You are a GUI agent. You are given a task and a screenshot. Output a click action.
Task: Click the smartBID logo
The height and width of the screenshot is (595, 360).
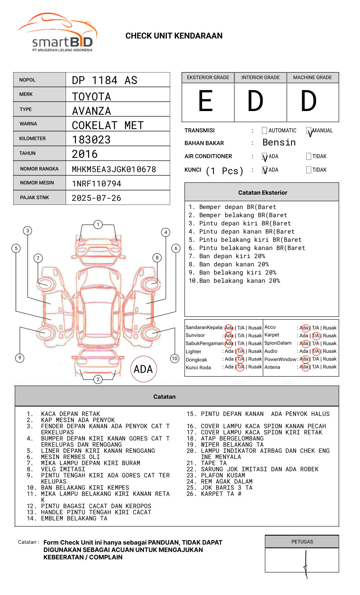(57, 33)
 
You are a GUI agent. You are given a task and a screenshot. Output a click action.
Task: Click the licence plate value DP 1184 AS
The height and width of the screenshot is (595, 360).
(105, 80)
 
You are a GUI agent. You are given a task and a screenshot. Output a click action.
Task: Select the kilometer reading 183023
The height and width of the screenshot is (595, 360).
(91, 140)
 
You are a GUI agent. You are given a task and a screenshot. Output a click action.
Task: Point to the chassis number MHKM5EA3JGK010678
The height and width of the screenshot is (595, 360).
(114, 169)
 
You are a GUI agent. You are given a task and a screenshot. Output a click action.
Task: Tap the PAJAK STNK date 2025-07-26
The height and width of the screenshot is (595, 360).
(96, 198)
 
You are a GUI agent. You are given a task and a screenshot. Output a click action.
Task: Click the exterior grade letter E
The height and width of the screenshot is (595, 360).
(205, 101)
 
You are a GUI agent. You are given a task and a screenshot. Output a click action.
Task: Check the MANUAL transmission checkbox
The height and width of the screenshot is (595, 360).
(309, 131)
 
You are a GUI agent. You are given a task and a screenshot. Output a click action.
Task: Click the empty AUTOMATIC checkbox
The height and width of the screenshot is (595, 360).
(264, 131)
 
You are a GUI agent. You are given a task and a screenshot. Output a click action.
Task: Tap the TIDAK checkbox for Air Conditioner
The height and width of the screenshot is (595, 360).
(309, 157)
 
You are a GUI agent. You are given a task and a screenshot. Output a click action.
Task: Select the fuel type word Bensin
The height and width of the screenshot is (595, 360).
(279, 143)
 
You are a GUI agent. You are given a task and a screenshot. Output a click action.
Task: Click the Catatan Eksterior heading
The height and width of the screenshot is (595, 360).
(262, 193)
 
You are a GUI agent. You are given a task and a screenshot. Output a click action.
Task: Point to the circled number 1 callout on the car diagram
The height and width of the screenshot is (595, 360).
(98, 225)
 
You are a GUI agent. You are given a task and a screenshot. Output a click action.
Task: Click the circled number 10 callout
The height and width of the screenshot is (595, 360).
(175, 359)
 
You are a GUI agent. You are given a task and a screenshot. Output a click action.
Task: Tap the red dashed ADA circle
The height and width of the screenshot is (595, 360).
(143, 369)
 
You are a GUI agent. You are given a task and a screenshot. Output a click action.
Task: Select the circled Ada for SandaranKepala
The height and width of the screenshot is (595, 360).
(229, 328)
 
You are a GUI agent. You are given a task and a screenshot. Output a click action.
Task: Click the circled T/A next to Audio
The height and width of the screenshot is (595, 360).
(316, 351)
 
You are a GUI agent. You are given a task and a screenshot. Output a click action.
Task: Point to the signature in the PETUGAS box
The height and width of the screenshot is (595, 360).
(306, 563)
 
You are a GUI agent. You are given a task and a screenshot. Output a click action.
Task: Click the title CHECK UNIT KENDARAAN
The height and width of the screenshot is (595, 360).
(174, 36)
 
